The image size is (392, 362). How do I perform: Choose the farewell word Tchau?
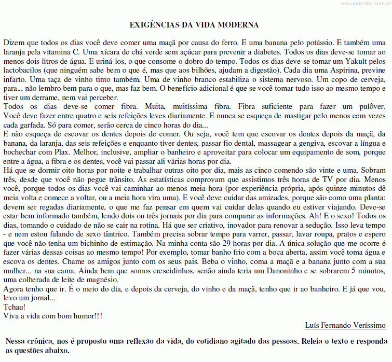(14, 307)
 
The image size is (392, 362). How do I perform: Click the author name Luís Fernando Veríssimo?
(345, 325)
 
